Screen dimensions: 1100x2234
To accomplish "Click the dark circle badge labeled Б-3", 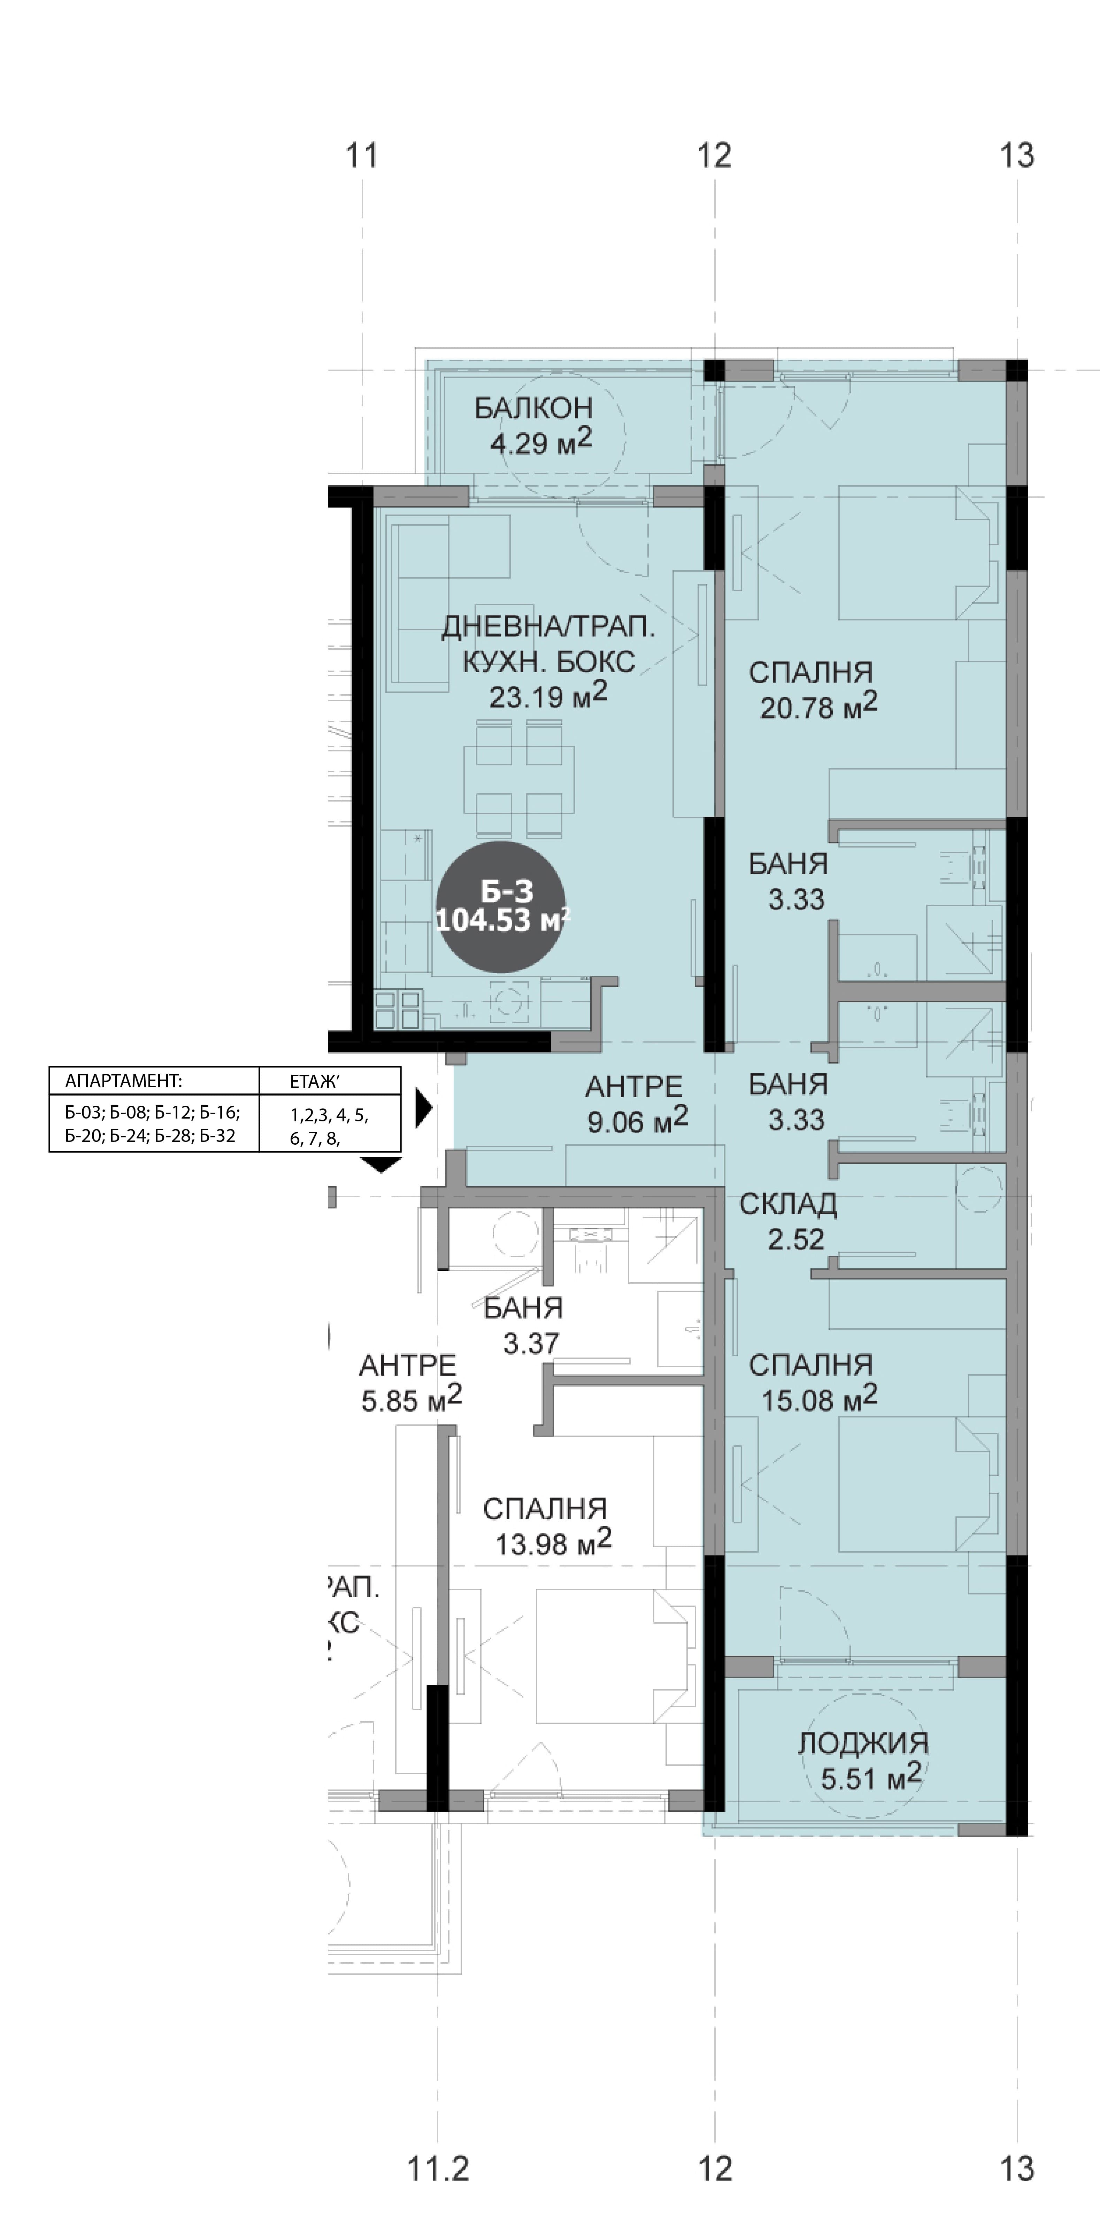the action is (501, 906).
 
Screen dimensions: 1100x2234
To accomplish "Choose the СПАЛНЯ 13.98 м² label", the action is (547, 1525).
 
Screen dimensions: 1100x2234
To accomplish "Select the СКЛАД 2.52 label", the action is (789, 1221).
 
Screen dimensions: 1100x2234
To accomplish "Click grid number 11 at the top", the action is (363, 156).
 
